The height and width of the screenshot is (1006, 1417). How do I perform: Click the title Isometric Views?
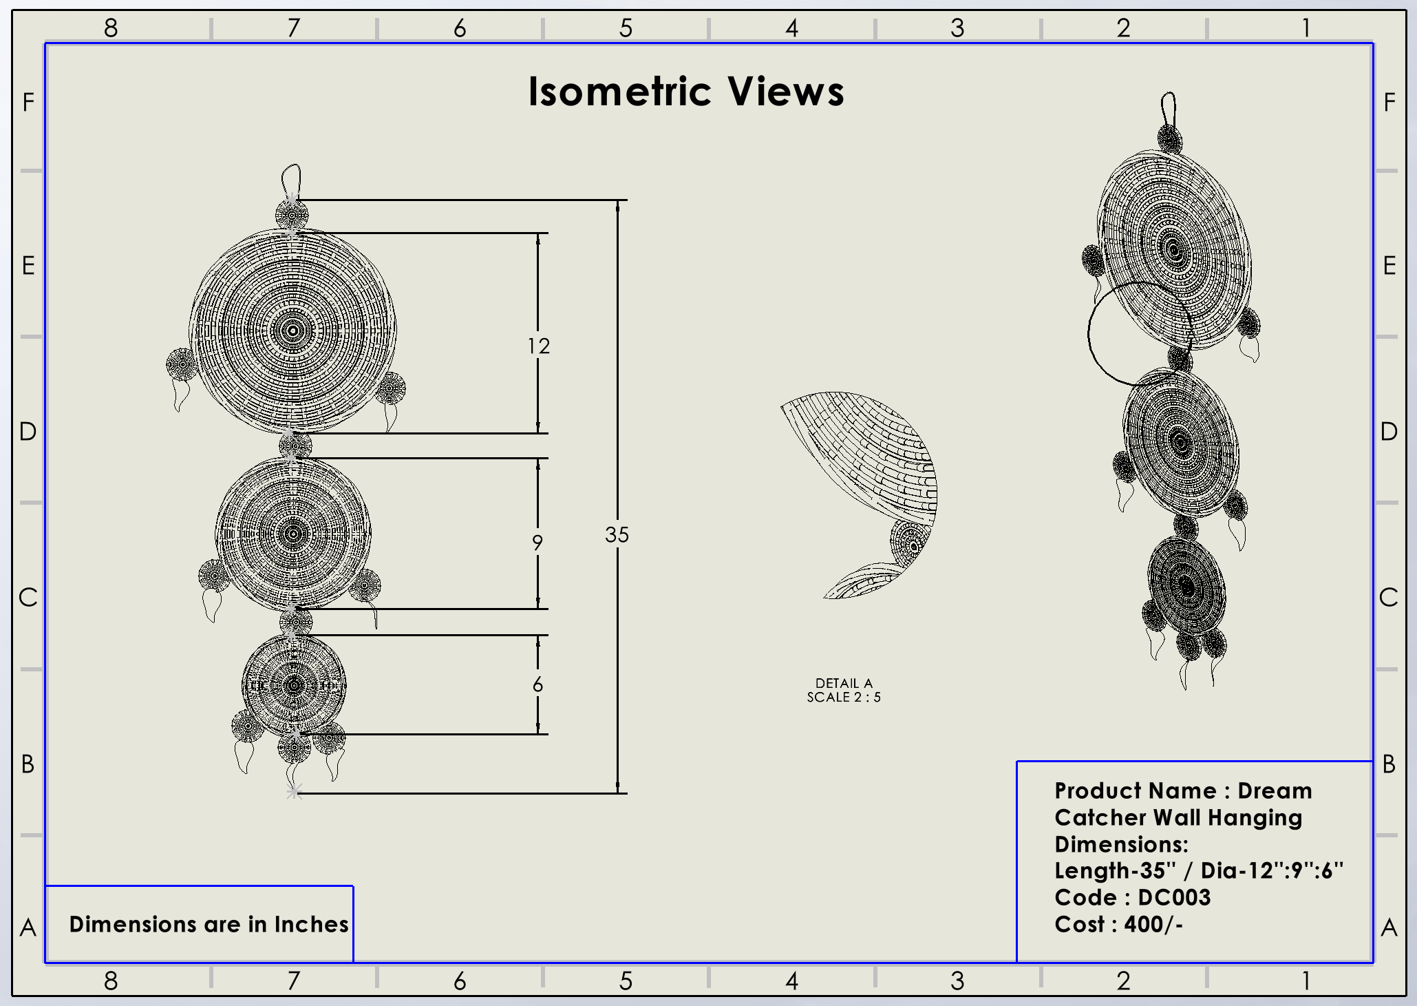point(686,92)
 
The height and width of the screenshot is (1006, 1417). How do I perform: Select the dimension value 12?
point(539,346)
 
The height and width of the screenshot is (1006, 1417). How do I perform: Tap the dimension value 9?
point(537,543)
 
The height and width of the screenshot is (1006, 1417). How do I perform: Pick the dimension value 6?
point(537,684)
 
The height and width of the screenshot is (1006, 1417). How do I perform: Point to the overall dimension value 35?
point(617,534)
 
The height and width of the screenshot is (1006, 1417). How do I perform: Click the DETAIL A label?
point(844,683)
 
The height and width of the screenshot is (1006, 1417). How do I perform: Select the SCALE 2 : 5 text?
point(844,697)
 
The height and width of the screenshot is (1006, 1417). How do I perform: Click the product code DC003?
point(1174,897)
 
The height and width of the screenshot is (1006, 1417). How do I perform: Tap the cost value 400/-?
point(1153,924)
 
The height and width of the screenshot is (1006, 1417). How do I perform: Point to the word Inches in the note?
point(312,924)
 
